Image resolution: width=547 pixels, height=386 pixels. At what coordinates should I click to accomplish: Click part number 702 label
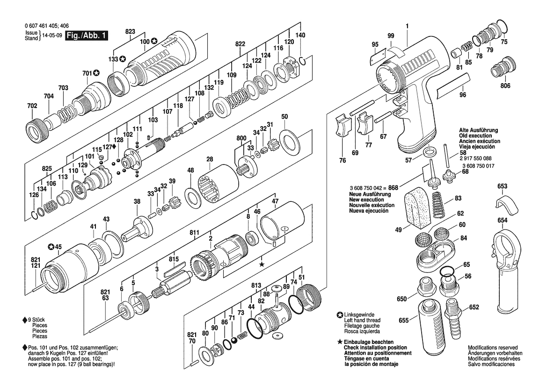tap(32, 106)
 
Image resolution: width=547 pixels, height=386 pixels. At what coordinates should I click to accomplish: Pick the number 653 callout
tap(502, 186)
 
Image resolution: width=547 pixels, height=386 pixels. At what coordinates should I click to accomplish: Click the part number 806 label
tap(505, 86)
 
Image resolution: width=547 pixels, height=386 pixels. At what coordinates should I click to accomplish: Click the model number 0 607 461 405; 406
tap(42, 27)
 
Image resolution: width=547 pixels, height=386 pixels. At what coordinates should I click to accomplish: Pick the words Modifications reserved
tap(493, 348)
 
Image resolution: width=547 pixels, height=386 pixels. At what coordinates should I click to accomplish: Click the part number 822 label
tap(240, 43)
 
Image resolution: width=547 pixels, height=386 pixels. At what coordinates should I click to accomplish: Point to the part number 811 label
tap(195, 232)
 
